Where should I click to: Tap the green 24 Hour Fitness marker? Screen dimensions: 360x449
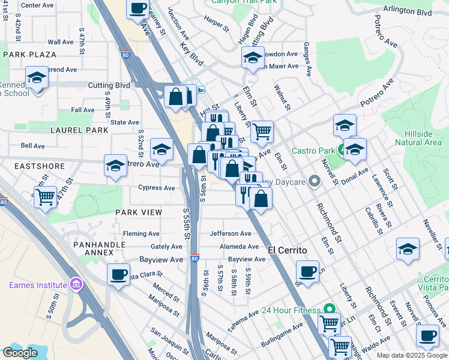[328, 310]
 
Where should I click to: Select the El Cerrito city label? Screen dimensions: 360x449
[287, 250]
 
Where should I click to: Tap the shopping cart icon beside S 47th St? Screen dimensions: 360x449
[46, 197]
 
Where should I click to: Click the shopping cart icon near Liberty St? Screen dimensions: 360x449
[262, 131]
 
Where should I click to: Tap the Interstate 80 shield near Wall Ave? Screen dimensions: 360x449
[125, 54]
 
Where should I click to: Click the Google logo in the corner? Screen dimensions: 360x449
[20, 353]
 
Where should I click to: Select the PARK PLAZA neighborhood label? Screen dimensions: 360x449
[29, 55]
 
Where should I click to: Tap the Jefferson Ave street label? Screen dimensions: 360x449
[231, 233]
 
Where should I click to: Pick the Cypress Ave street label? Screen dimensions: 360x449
[157, 187]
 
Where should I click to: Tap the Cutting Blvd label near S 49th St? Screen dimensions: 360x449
[109, 86]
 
